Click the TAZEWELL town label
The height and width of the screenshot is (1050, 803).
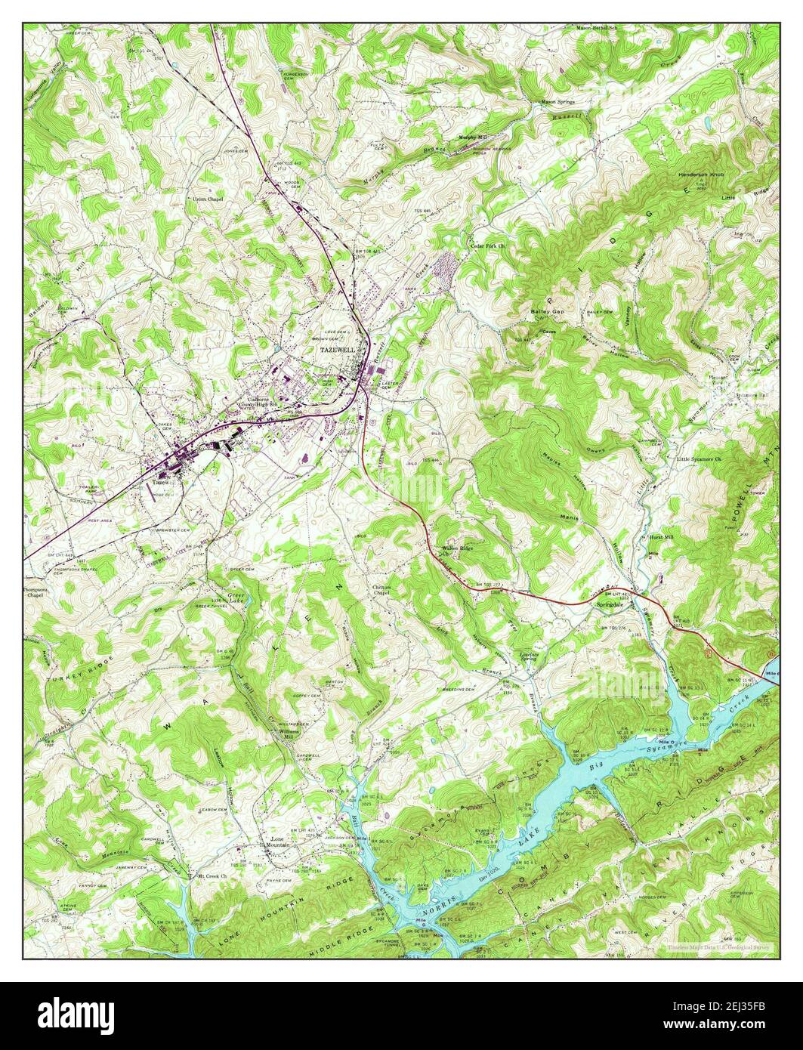coord(336,351)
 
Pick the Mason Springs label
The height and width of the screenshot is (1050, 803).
coord(557,101)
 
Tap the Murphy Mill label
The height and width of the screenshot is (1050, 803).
coord(474,137)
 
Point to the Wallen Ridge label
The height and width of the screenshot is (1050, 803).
coord(457,548)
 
